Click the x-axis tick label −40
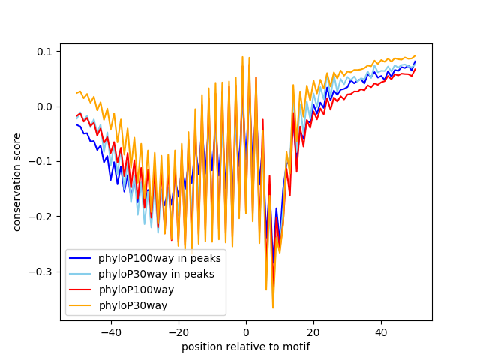click(x=110, y=331)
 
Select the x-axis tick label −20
click(x=178, y=331)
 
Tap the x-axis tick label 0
click(x=246, y=331)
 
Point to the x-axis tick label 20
click(x=313, y=331)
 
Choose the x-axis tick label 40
click(x=381, y=331)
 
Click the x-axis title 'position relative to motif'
click(x=246, y=346)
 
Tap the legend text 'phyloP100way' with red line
click(x=136, y=289)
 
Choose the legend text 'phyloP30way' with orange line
click(x=133, y=305)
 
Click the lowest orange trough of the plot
click(x=273, y=307)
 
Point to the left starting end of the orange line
click(x=77, y=93)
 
